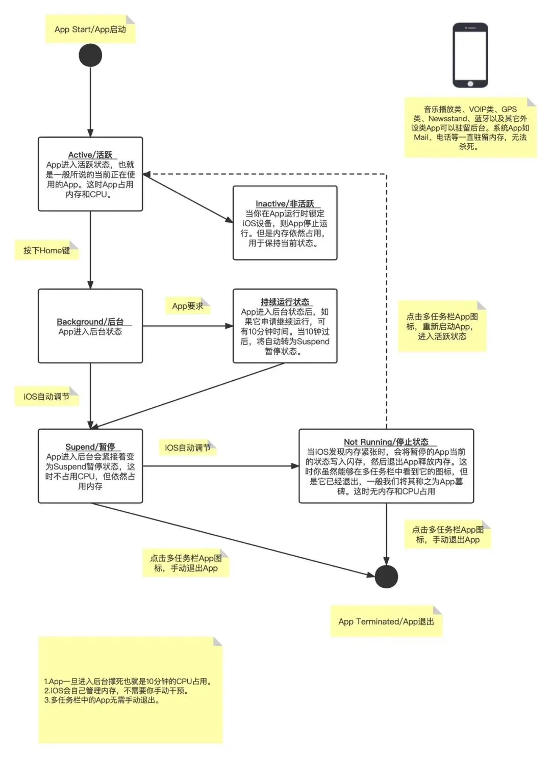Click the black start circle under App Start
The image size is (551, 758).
(x=90, y=55)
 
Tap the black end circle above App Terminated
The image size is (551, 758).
(x=386, y=577)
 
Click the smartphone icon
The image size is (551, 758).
(x=470, y=55)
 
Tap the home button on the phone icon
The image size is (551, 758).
(x=470, y=84)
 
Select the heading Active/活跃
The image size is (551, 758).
(x=90, y=155)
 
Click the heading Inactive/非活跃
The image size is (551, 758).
(x=285, y=204)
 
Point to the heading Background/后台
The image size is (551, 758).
(x=90, y=322)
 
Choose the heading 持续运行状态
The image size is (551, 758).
(x=285, y=302)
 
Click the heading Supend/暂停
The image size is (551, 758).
(x=90, y=447)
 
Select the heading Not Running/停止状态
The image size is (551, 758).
(x=386, y=442)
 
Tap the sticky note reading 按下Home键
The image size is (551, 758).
(x=46, y=250)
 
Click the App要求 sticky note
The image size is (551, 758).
(x=188, y=306)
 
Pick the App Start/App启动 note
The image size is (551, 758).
(x=90, y=29)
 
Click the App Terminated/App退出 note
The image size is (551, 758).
(x=386, y=621)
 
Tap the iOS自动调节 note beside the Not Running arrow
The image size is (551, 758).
(x=188, y=448)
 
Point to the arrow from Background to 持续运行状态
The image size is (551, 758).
(x=188, y=326)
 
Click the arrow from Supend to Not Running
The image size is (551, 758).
(x=221, y=466)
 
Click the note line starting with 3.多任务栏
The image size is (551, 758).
(x=102, y=700)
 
